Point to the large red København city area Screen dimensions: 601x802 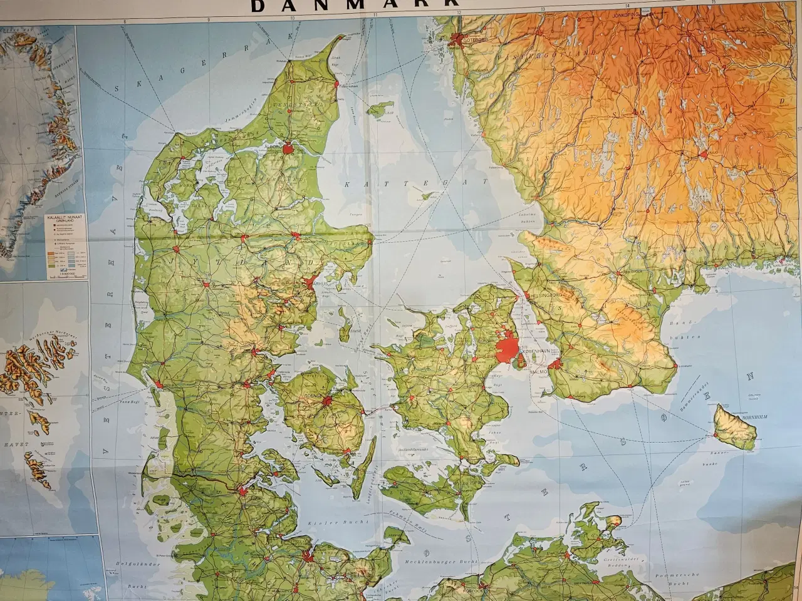(506, 348)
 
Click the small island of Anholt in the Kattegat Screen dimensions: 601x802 (428, 197)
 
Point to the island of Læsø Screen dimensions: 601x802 (376, 111)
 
